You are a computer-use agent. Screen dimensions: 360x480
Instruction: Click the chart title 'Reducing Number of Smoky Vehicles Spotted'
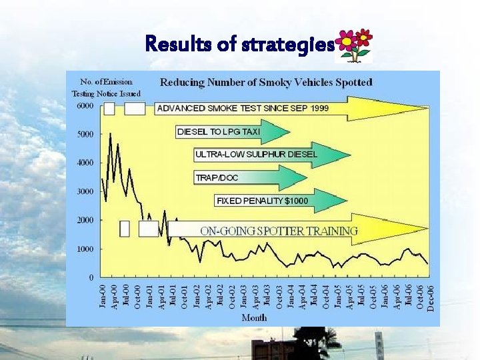tap(266, 83)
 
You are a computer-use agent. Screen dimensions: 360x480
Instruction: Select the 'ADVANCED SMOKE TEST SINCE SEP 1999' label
tap(251, 108)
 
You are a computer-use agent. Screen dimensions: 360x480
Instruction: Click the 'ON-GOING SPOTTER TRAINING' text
tap(279, 231)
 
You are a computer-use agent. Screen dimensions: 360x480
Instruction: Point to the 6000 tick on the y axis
tap(85, 106)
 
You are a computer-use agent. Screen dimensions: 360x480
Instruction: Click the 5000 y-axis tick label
tap(85, 134)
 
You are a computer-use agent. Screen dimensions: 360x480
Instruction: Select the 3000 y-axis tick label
tap(85, 191)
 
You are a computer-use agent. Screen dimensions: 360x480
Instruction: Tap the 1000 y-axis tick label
tap(85, 249)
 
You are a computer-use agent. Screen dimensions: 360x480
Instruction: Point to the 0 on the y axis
tap(91, 277)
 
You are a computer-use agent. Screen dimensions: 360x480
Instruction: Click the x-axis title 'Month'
tap(254, 318)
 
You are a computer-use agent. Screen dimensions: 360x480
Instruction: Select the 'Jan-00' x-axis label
tap(102, 296)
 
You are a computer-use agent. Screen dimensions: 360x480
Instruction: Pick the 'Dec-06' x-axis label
tap(430, 296)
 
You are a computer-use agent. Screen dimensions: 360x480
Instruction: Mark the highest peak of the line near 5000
tap(110, 134)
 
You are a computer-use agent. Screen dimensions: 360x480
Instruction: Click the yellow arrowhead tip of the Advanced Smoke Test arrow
tap(427, 108)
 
